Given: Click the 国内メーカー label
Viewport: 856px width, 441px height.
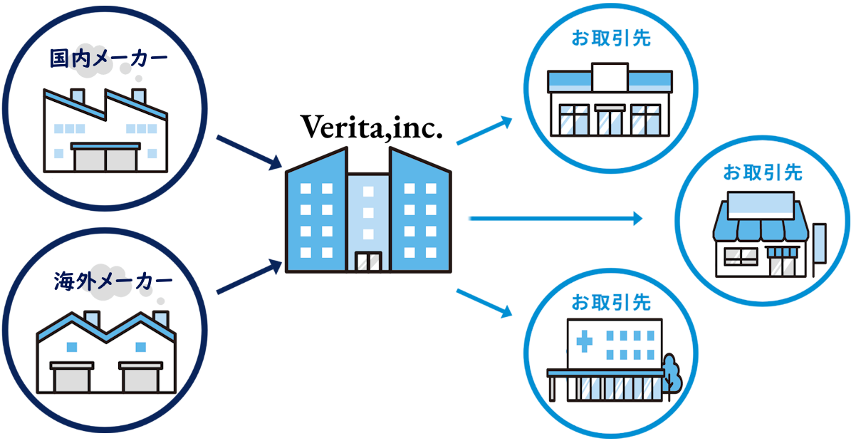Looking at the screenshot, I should coord(108,58).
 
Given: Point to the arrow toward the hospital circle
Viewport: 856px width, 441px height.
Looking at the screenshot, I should coord(484,301).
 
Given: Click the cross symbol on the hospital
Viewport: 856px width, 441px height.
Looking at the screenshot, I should coord(584,342).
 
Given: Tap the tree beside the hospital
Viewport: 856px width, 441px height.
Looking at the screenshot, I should coord(671,372).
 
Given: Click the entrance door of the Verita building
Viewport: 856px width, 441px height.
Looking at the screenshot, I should coord(369,261).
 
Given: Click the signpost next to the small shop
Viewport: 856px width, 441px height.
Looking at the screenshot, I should coord(819,249).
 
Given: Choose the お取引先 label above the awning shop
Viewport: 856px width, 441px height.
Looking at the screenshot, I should coord(763,172).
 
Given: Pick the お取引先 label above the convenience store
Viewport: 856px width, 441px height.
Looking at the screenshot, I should coord(611,38).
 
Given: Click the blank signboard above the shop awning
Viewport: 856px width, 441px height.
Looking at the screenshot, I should coord(760,205).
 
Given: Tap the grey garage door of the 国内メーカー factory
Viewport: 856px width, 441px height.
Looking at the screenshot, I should coord(105,159).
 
